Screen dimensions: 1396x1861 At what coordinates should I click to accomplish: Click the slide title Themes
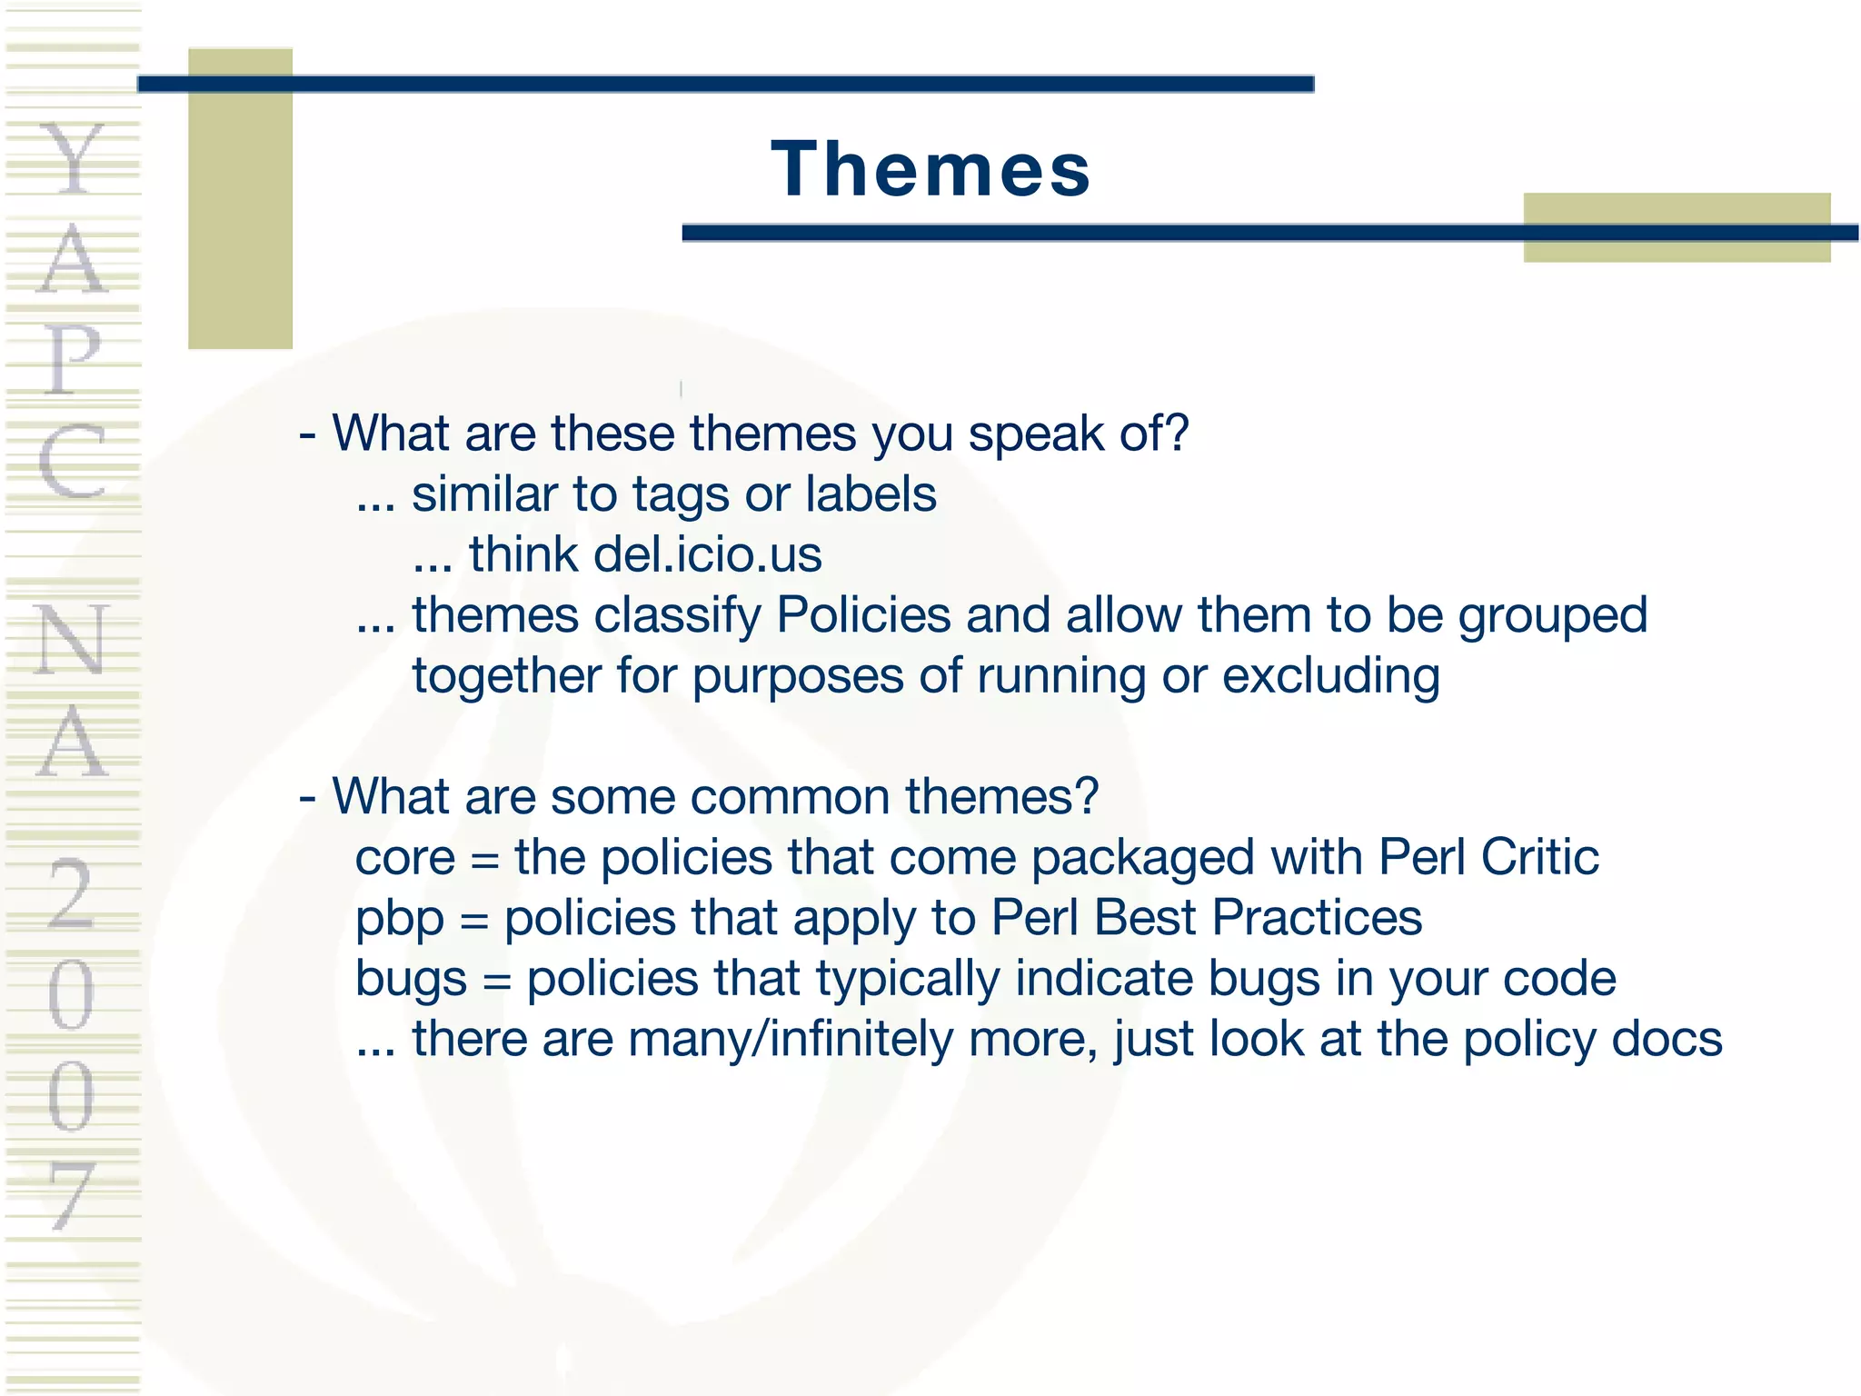tap(930, 170)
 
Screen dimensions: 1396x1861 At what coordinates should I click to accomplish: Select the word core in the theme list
tap(404, 857)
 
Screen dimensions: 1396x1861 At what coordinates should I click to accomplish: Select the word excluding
tap(1331, 677)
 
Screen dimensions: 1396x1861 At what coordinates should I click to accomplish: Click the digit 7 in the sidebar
tap(71, 1195)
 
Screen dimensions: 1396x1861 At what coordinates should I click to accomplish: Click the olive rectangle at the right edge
tap(1677, 227)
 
